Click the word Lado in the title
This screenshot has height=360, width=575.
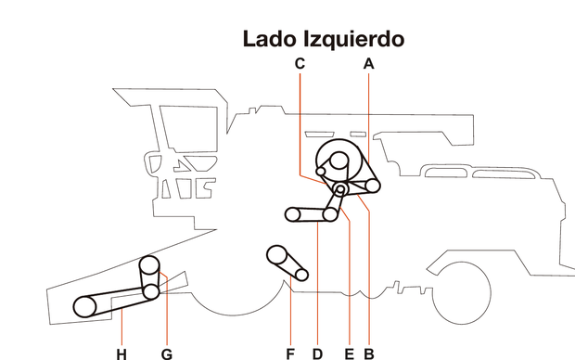(270, 39)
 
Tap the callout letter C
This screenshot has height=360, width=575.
(300, 63)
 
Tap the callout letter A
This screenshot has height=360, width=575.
(368, 63)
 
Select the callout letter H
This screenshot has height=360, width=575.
(121, 353)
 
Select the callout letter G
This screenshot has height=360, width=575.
(167, 353)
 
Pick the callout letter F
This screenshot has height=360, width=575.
(290, 353)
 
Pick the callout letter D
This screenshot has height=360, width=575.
(317, 353)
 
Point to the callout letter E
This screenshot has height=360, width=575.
(349, 353)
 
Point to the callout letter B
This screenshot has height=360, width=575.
(369, 353)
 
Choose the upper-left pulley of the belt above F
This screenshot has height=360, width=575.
(275, 254)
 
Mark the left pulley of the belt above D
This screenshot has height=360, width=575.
(292, 215)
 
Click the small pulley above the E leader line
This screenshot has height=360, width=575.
(341, 190)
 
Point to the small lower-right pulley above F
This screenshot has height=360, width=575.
(301, 274)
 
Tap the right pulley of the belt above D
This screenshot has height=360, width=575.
(330, 215)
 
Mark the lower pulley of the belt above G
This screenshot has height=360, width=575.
(150, 293)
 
